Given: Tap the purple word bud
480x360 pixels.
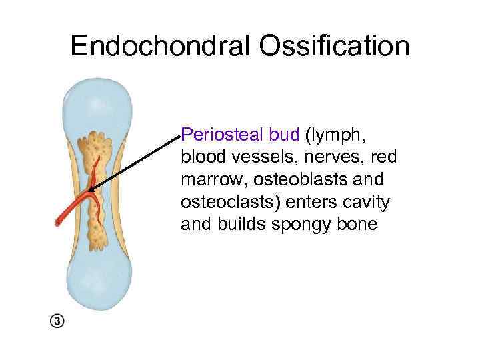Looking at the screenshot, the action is pos(285,135).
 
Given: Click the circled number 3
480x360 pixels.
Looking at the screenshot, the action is pos(57,321).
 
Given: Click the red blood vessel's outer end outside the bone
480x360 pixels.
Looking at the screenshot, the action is pos(57,223).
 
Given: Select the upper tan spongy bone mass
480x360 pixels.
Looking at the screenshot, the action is pos(98,150).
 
